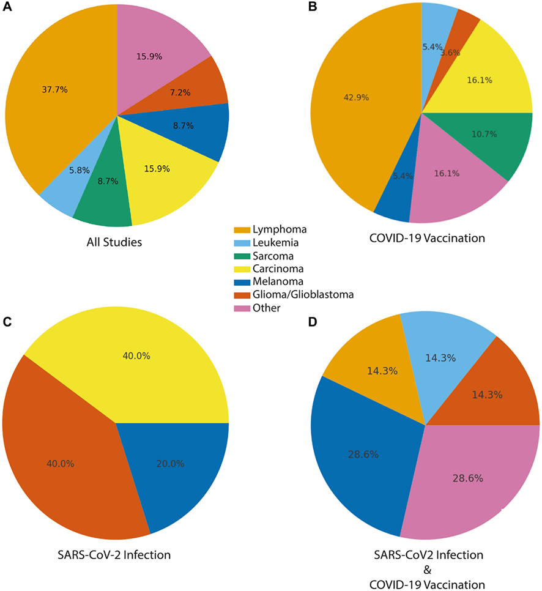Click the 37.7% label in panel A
tap(55, 90)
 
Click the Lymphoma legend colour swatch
tap(241, 229)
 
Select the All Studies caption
tap(114, 242)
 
